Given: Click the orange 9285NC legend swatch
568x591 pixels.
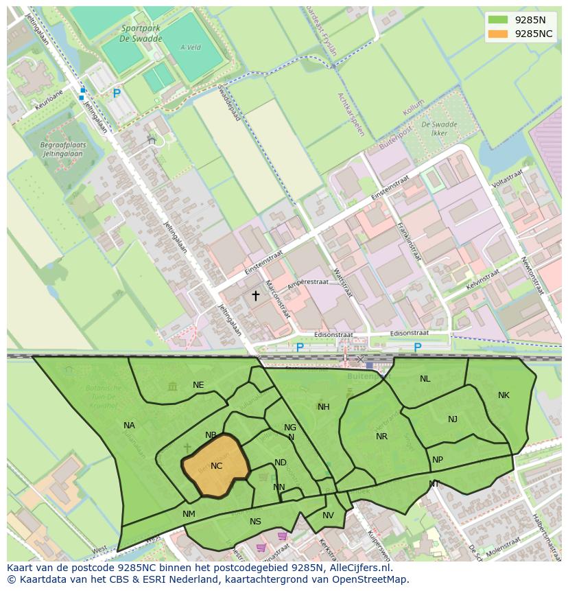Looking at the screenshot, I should [x=499, y=34].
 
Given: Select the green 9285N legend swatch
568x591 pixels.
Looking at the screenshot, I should [x=499, y=20].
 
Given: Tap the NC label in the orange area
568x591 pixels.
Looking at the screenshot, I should [x=216, y=466].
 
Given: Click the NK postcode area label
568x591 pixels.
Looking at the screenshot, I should [x=504, y=395].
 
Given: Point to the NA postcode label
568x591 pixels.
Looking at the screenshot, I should [x=129, y=426].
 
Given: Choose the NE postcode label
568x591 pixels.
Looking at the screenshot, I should [x=198, y=385].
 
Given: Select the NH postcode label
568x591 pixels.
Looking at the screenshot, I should [x=324, y=407].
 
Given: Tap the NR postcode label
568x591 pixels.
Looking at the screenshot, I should [x=381, y=437].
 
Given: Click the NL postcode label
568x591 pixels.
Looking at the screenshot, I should [x=425, y=379].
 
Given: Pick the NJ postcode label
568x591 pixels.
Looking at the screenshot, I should [x=453, y=419].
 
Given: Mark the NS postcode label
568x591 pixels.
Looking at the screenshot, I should [x=255, y=522].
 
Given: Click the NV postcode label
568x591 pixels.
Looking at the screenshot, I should [x=328, y=515].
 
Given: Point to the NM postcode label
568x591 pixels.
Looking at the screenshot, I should [x=189, y=513].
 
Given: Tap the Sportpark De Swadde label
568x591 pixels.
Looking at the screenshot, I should [x=141, y=34].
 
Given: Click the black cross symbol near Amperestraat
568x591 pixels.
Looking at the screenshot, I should [x=256, y=296].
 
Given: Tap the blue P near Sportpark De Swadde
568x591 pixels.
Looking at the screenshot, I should [x=117, y=93].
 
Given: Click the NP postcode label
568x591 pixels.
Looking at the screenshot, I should [x=438, y=460].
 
